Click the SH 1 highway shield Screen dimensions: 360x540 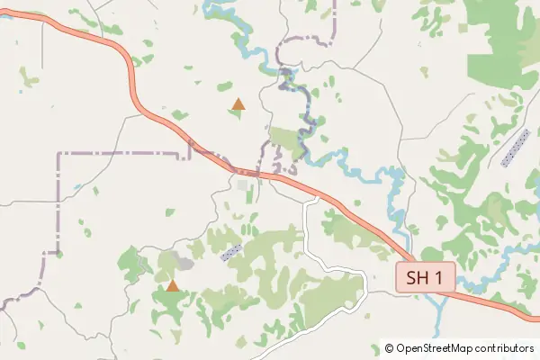pyautogui.click(x=425, y=277)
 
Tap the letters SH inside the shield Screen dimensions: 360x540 pyautogui.click(x=418, y=277)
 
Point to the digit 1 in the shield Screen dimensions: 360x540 pyautogui.click(x=438, y=277)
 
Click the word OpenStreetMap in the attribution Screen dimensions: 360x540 pyautogui.click(x=434, y=347)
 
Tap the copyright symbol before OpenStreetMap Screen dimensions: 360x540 pyautogui.click(x=389, y=347)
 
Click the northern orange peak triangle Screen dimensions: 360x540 pyautogui.click(x=238, y=104)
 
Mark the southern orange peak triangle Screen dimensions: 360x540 pyautogui.click(x=172, y=286)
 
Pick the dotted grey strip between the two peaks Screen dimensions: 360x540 pyautogui.click(x=231, y=252)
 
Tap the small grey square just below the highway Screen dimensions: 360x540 pyautogui.click(x=243, y=185)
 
